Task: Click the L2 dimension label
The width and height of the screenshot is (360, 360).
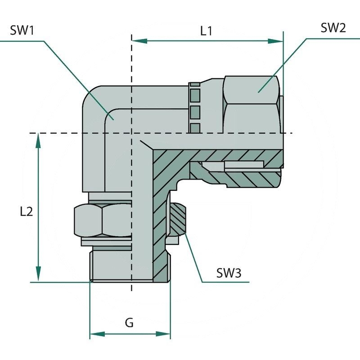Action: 27,211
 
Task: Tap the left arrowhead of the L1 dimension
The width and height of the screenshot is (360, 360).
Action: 139,41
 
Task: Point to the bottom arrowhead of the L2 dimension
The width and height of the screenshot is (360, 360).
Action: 39,275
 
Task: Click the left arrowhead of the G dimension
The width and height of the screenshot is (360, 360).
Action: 96,334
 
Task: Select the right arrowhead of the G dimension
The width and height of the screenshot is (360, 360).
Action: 164,334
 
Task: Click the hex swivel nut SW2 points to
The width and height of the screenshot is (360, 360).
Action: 252,103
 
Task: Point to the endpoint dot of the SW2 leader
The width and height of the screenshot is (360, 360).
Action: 259,91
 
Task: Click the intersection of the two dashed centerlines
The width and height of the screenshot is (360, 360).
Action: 131,133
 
